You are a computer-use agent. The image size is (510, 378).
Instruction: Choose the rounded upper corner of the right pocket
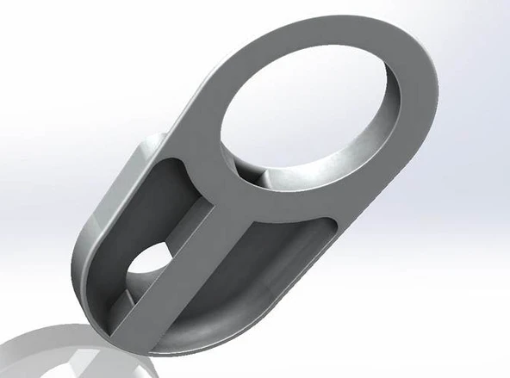tap(326, 226)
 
